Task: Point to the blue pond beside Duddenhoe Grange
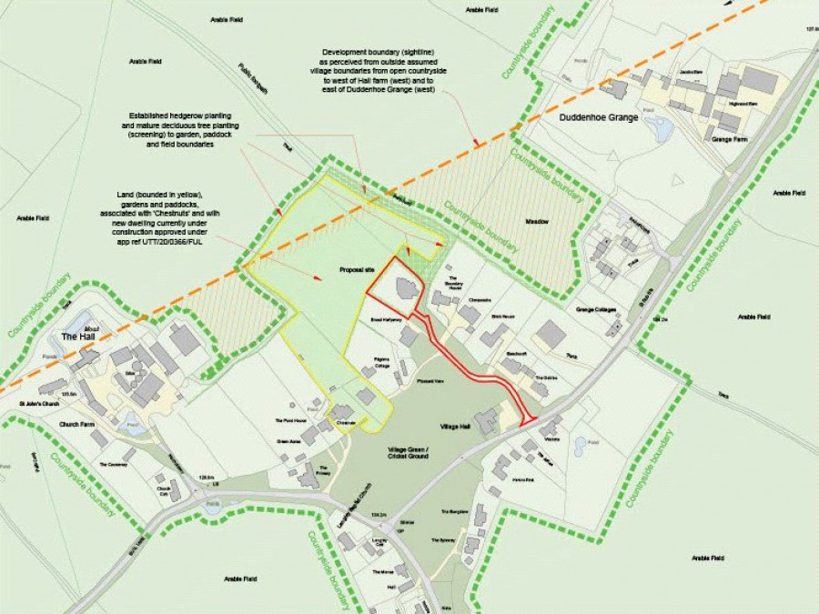coord(662,130)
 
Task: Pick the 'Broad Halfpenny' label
coord(386,321)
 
